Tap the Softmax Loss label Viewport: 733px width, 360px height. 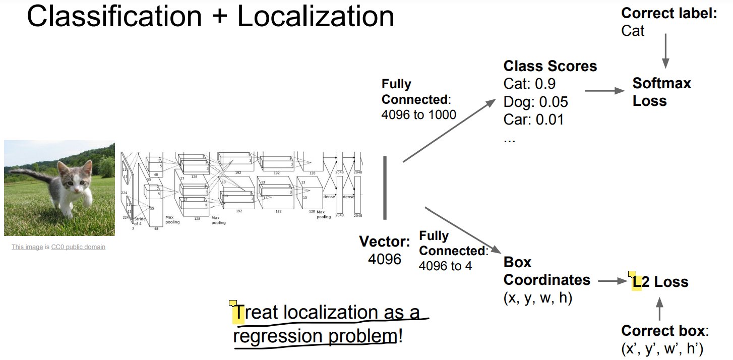pos(661,92)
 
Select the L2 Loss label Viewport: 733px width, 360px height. pos(660,282)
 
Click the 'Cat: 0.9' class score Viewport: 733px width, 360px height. pos(529,84)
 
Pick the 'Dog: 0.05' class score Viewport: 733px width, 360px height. pos(535,102)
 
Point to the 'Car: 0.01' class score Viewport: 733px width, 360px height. pos(533,119)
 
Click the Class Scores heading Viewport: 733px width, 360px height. pos(550,66)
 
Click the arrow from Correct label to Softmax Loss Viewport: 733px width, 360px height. pos(665,51)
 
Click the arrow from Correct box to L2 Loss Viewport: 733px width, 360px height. pos(659,310)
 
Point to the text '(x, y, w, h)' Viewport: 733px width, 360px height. pos(538,298)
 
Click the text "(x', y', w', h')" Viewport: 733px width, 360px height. pos(662,348)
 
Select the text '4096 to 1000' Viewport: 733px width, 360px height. pos(418,115)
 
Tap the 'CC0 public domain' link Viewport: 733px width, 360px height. pos(78,247)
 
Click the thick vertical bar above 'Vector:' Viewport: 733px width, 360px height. pos(385,188)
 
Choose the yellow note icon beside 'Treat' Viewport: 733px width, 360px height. pos(232,304)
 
